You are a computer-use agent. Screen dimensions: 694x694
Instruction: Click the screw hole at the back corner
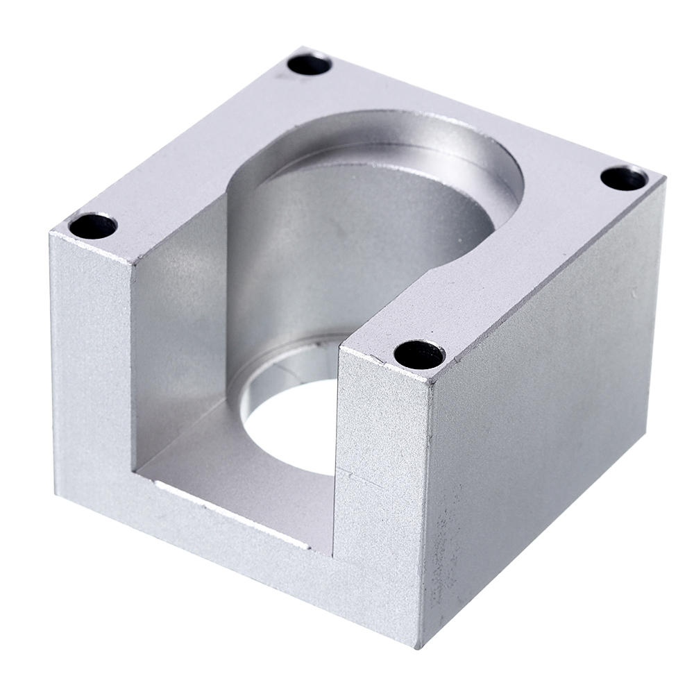click(309, 65)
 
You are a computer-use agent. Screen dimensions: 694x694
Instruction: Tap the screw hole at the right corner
click(624, 178)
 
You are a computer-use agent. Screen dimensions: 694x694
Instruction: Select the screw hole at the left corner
click(93, 226)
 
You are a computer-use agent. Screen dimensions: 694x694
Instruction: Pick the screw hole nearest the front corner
click(419, 355)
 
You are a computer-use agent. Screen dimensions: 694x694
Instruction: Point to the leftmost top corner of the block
click(50, 233)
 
